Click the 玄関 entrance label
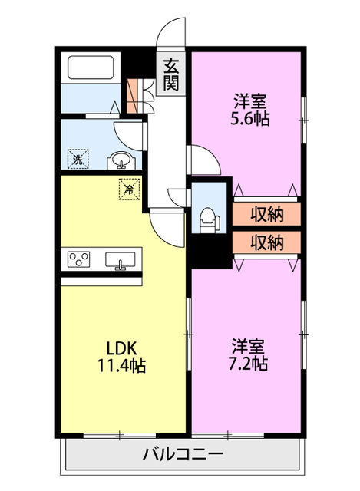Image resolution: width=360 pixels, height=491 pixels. tap(170, 74)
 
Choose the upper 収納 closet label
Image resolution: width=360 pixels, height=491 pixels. tap(267, 212)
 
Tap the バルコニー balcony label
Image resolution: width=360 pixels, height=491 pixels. tap(183, 454)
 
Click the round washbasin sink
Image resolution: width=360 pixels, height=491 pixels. tap(121, 160)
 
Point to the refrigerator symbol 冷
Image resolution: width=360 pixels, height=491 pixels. tap(128, 186)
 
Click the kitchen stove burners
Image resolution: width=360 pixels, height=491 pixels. tap(79, 259)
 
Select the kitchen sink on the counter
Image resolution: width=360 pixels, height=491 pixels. tap(121, 260)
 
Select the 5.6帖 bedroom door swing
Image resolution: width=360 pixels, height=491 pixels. tap(203, 159)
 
